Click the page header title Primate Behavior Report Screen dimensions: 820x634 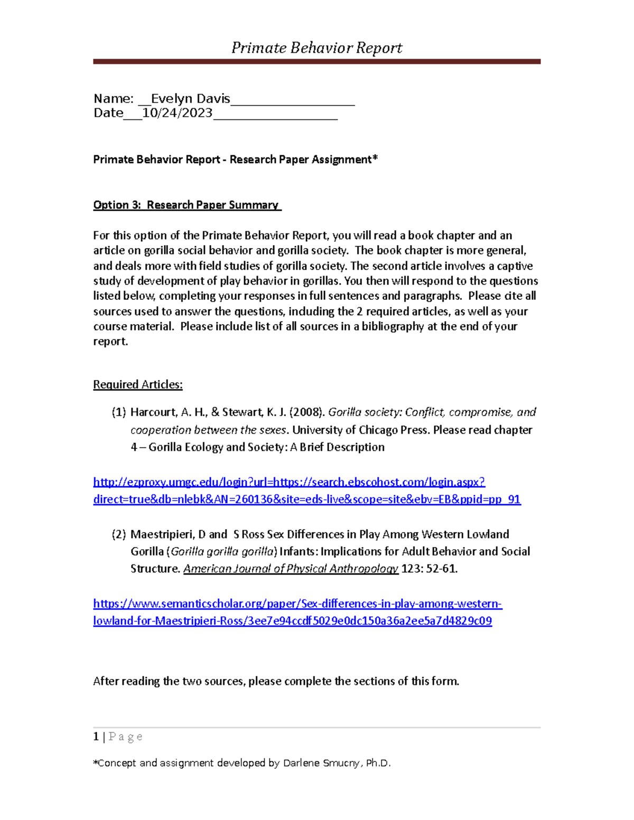click(x=316, y=48)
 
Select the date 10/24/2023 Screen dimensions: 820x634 click(x=178, y=113)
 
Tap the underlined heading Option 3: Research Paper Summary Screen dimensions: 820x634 click(x=187, y=205)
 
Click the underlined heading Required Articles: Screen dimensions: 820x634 click(x=138, y=384)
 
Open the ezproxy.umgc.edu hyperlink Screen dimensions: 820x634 click(x=306, y=491)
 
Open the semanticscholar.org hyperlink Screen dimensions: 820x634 click(x=297, y=612)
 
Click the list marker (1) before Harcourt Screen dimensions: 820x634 click(x=119, y=412)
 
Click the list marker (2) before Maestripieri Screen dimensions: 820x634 click(x=119, y=534)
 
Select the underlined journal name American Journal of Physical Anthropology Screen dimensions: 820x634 click(x=291, y=569)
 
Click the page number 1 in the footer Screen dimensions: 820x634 click(x=96, y=737)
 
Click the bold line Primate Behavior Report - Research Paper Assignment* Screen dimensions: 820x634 click(x=236, y=159)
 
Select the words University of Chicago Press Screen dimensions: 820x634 click(x=361, y=430)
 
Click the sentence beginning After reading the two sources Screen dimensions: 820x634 click(x=276, y=681)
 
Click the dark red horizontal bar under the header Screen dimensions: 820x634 click(x=316, y=62)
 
